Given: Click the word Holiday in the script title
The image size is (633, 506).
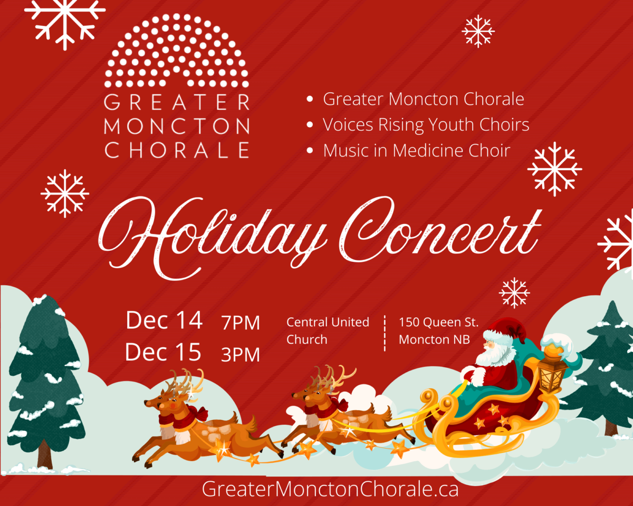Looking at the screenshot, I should [211, 232].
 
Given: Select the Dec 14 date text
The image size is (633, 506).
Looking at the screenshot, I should [164, 320].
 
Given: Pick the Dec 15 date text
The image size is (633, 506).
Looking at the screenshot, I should [163, 352].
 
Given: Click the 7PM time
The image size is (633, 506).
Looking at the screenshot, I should [241, 323].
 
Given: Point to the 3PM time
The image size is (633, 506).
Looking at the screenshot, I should [241, 355].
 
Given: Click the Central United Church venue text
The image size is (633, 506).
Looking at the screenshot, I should [327, 330].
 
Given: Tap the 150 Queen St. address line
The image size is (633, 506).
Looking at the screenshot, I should [438, 322].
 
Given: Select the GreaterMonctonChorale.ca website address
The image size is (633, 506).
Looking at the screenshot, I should [330, 489].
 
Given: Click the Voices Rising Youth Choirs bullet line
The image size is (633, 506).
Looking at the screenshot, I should [426, 125].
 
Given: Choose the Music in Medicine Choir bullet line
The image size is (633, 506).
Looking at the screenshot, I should [416, 151].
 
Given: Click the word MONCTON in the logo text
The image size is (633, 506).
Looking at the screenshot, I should [177, 126].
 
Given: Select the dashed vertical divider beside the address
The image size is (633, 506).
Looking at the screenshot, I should [385, 333].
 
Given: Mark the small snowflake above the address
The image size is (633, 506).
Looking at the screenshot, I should [514, 293].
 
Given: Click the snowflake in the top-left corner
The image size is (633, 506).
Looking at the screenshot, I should [64, 21].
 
